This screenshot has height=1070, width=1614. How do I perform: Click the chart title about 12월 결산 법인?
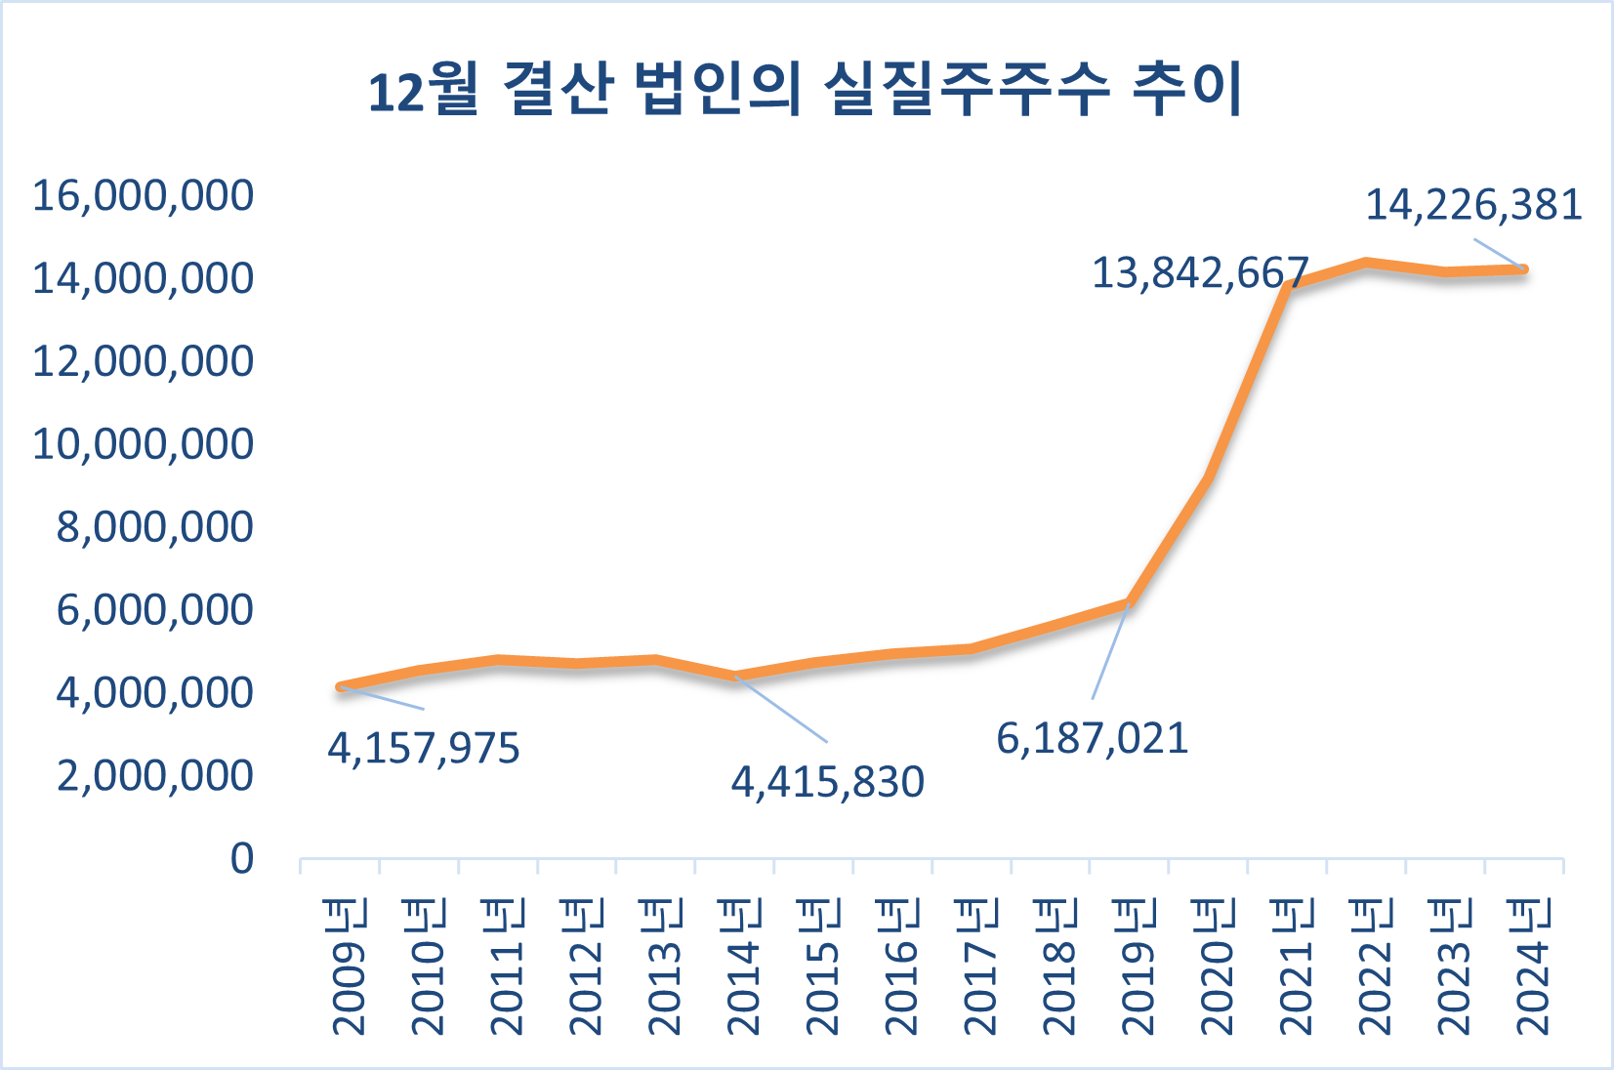[806, 89]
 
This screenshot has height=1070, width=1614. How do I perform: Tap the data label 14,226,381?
[1472, 205]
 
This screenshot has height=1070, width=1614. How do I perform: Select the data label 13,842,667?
[1199, 273]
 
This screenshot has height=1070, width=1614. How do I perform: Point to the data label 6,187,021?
[1092, 739]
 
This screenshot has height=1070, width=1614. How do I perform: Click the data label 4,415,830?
[827, 782]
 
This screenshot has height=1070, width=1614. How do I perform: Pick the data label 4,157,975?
[423, 749]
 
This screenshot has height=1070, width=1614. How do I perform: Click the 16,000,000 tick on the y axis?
[143, 195]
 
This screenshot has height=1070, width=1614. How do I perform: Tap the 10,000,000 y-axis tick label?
[143, 444]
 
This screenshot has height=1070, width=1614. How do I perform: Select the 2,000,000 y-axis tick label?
[154, 776]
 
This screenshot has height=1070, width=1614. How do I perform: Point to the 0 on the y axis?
[241, 859]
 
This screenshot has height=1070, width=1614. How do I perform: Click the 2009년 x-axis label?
[349, 967]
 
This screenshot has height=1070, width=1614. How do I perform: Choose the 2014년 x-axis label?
[743, 967]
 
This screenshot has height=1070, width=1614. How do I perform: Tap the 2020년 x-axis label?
[1217, 967]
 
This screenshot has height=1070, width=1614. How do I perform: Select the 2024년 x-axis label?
[1532, 967]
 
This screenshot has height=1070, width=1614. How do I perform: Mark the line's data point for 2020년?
[1208, 478]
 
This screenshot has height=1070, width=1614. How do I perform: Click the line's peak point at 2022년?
[1366, 263]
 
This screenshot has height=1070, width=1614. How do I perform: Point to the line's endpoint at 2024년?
[1523, 269]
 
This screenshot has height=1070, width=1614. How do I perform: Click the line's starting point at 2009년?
[340, 687]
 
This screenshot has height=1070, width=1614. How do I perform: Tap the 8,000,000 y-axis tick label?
[154, 527]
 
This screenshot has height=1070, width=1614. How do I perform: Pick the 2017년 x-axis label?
[980, 967]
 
